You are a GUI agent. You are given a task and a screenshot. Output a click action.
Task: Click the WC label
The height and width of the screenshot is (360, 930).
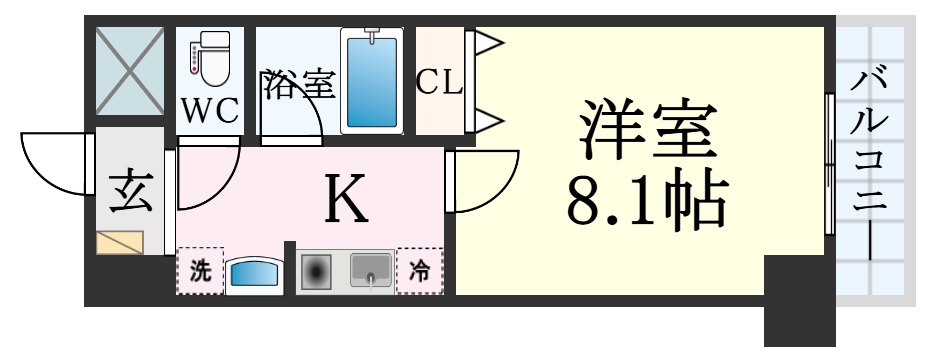coord(210,110)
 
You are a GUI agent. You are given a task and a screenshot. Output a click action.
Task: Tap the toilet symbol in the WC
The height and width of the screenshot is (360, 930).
coord(211,61)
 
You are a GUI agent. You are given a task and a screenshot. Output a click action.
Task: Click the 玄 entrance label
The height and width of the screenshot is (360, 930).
coord(130,191)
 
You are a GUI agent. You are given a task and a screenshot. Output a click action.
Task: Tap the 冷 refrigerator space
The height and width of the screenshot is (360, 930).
coord(419,271)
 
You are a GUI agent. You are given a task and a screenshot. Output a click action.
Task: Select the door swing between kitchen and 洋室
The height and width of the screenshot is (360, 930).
coord(485,180)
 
